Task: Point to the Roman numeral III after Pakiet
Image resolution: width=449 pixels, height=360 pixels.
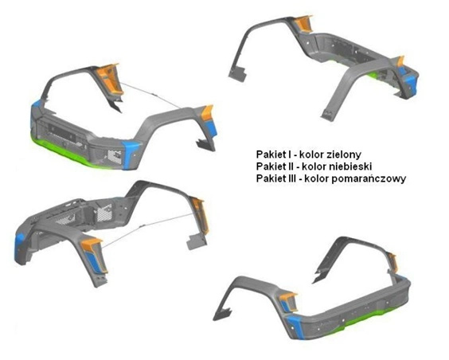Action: click(x=290, y=178)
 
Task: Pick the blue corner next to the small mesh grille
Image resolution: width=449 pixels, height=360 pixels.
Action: click(x=131, y=155)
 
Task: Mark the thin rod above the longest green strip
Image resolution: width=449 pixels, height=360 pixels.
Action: click(x=151, y=95)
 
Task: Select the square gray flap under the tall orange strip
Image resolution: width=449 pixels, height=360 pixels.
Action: click(x=197, y=241)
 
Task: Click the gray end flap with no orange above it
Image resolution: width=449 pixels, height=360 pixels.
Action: click(x=238, y=73)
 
